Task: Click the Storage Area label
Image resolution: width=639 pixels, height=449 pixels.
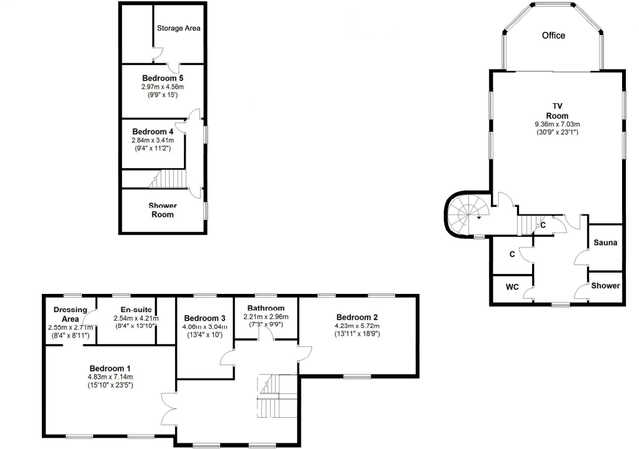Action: click(178, 28)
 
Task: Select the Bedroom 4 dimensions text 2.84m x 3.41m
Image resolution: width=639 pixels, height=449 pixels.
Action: click(153, 141)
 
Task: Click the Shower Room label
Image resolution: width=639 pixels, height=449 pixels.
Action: click(162, 210)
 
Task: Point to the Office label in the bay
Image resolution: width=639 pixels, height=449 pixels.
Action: click(553, 36)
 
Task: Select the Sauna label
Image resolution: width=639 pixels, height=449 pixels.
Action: click(605, 243)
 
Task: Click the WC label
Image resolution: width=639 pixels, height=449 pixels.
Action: click(512, 287)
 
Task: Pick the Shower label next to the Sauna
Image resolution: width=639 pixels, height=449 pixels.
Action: click(606, 286)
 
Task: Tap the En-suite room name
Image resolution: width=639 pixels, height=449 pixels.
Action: click(136, 310)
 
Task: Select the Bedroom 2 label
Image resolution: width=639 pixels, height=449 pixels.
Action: click(356, 316)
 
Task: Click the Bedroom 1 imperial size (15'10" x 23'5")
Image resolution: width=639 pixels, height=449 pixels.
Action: click(110, 385)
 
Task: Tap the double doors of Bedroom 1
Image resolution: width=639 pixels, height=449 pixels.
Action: click(168, 410)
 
